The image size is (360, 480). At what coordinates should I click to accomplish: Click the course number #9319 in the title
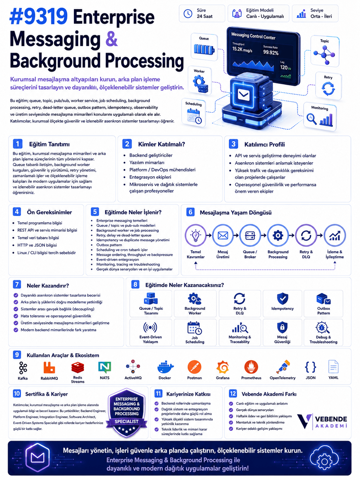click(38, 17)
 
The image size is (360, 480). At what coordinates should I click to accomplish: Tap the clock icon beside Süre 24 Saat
click(188, 14)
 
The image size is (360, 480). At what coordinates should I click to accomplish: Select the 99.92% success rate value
click(270, 52)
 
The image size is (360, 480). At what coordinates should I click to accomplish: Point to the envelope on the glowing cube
click(243, 94)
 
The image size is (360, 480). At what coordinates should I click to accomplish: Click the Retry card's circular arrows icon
click(328, 89)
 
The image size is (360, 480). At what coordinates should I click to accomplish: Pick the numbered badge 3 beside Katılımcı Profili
click(233, 144)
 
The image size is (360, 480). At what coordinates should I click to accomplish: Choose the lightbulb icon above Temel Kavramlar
click(195, 235)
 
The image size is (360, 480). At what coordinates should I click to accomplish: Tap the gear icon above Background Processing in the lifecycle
click(277, 235)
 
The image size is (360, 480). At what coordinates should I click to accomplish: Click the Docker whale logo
click(165, 367)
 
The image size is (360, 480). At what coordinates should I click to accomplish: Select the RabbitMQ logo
click(49, 367)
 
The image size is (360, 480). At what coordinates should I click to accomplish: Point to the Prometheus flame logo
click(251, 367)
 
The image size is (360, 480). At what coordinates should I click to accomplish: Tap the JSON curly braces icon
click(310, 367)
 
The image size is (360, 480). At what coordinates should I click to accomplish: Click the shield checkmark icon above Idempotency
click(282, 298)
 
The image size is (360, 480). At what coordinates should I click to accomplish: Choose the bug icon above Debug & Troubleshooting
click(323, 328)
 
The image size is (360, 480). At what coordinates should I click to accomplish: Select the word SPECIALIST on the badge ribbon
click(127, 421)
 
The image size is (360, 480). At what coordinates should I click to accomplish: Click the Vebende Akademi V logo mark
click(304, 421)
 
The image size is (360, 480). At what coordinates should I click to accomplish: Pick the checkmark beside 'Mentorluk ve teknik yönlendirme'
click(231, 422)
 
